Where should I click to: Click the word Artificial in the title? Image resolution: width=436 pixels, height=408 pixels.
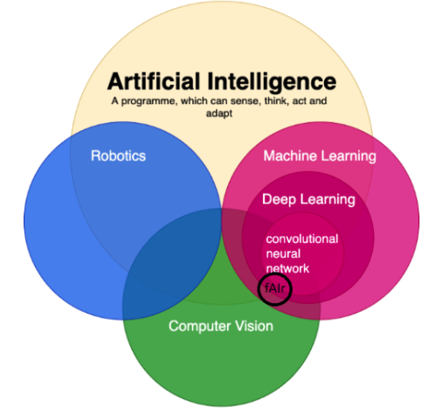click(x=154, y=81)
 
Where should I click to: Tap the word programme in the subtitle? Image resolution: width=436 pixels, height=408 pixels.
click(x=149, y=101)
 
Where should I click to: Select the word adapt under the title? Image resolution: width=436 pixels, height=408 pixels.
click(x=219, y=114)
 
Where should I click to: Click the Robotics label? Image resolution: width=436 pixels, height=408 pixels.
click(x=118, y=156)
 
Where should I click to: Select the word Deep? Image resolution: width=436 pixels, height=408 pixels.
click(x=279, y=200)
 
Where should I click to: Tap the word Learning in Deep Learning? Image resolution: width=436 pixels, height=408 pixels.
click(x=328, y=200)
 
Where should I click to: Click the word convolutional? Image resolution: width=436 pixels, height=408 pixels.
click(x=302, y=239)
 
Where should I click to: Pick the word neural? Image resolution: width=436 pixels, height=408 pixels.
click(x=283, y=253)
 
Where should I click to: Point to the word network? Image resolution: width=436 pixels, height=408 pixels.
click(x=287, y=268)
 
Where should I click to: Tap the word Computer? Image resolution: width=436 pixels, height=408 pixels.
click(x=199, y=326)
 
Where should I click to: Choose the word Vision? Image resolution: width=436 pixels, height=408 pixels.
click(x=254, y=326)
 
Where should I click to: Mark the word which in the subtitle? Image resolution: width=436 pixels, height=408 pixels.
click(x=194, y=100)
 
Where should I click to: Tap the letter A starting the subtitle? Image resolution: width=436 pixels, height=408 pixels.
click(x=114, y=100)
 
